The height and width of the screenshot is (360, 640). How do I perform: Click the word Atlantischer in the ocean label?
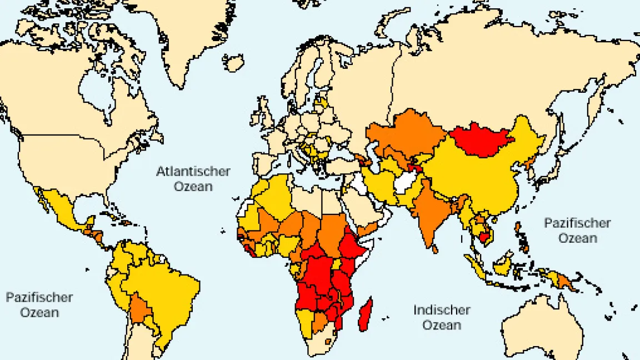[192, 171]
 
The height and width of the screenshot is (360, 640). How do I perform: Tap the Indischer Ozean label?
[442, 317]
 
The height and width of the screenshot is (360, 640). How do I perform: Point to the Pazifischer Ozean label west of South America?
[39, 304]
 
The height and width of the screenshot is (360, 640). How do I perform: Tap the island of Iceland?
[233, 62]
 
